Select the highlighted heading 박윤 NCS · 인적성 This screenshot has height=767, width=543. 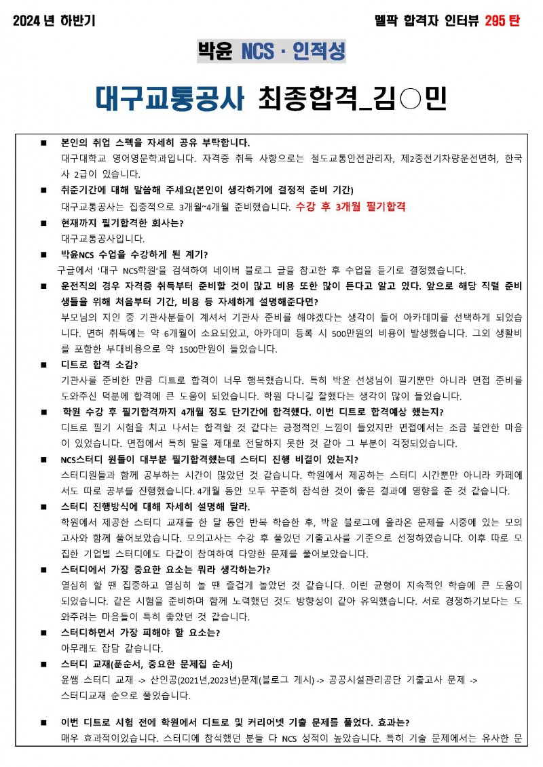(x=271, y=51)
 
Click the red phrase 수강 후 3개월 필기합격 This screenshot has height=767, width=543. (x=351, y=207)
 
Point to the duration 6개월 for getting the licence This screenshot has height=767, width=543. (x=166, y=333)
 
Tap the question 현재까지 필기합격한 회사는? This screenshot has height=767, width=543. (x=122, y=223)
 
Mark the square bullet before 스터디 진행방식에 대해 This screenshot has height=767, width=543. (x=43, y=507)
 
